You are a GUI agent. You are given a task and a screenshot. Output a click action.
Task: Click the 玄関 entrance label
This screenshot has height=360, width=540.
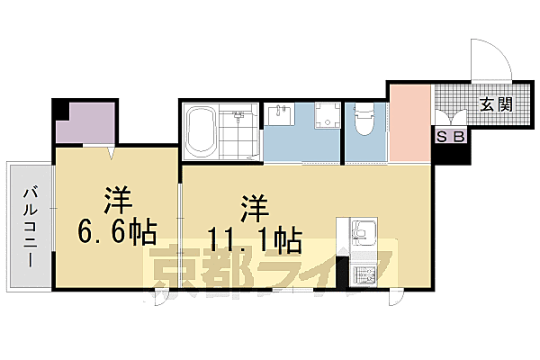pos(496,104)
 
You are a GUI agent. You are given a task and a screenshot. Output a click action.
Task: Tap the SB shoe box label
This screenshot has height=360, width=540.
pos(451,137)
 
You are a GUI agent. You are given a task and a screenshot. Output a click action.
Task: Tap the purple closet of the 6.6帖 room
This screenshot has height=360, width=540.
pos(85,123)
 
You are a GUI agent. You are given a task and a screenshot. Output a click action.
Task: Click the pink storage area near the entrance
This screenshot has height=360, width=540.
pos(410,121)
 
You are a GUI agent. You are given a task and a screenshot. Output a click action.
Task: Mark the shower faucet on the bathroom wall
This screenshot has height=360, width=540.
pos(238,115)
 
